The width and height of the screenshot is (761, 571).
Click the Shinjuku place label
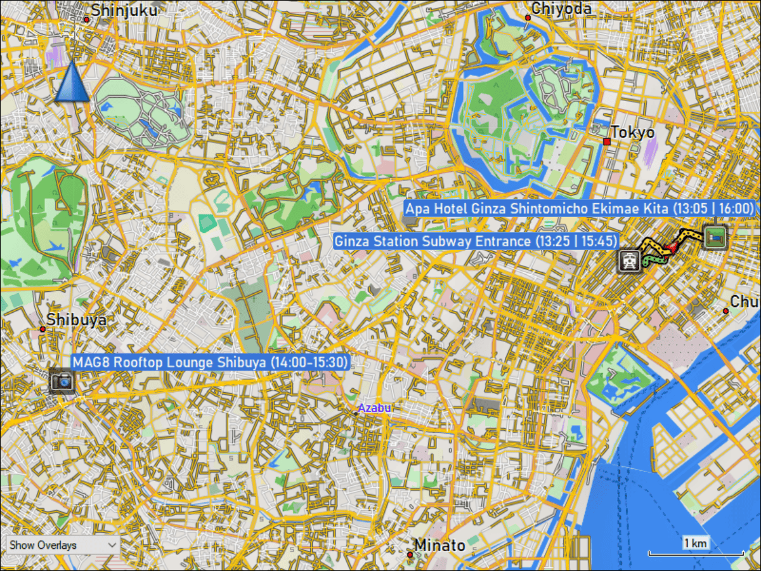124,10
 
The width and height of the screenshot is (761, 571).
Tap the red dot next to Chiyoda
528,18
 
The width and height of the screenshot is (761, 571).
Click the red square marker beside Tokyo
607,141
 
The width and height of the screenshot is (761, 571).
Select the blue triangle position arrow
72,82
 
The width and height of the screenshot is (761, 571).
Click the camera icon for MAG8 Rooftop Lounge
62,381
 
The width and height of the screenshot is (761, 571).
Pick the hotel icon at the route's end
715,237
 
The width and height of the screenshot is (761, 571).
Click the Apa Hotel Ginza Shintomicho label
580,209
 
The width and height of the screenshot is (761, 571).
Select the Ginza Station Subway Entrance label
476,241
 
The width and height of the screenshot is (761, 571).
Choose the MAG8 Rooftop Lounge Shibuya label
211,362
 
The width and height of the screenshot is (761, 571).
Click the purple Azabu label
374,408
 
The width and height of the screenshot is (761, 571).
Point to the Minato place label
439,545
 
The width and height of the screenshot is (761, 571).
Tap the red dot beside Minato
410,555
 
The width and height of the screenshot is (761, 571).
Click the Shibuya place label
77,319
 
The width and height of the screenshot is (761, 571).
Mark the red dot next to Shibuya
42,329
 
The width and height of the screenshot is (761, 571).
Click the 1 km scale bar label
696,543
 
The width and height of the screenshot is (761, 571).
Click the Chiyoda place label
561,8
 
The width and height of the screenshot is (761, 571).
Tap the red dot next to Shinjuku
86,19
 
